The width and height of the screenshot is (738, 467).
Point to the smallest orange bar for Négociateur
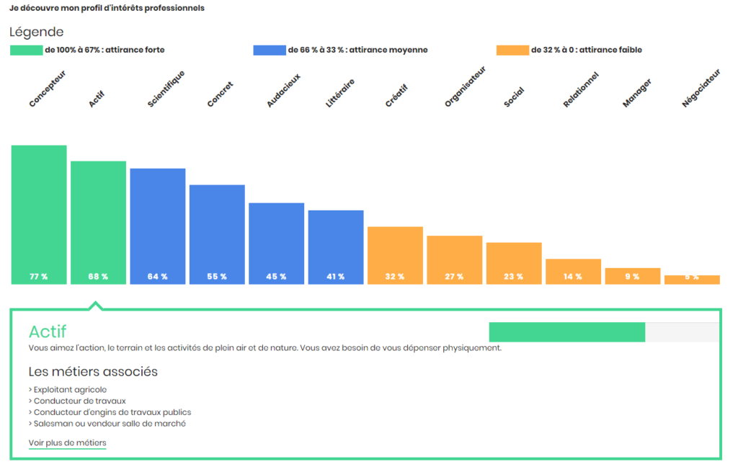pyautogui.click(x=692, y=280)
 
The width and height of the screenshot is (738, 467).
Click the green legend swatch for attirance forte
pyautogui.click(x=27, y=50)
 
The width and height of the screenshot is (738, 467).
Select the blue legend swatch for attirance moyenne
pyautogui.click(x=270, y=50)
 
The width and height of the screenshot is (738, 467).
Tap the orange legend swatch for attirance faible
pyautogui.click(x=512, y=50)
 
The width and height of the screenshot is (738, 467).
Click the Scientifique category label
pyautogui.click(x=166, y=89)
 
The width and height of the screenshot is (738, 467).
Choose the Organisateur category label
pyautogui.click(x=465, y=86)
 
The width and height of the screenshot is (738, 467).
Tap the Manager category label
pyautogui.click(x=637, y=94)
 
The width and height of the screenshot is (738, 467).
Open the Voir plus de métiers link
pyautogui.click(x=67, y=442)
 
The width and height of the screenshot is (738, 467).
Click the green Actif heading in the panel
pyautogui.click(x=47, y=332)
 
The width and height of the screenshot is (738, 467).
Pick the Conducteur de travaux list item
pyautogui.click(x=69, y=401)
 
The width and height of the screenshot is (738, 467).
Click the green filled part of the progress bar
pyautogui.click(x=566, y=332)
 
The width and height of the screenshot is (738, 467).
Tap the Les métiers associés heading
pyautogui.click(x=93, y=372)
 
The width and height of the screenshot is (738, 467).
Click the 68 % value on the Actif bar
pyautogui.click(x=98, y=277)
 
